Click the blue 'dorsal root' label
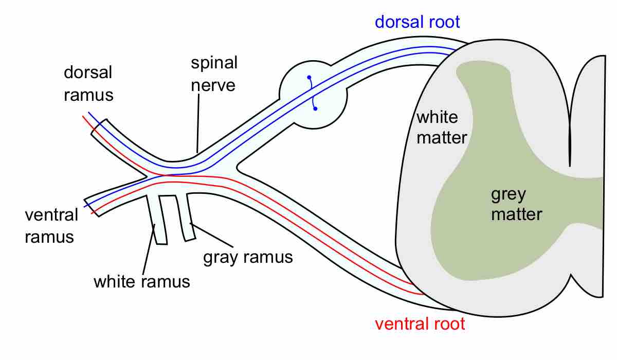pos(417,22)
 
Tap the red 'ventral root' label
pos(420,324)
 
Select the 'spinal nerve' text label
pos(214,74)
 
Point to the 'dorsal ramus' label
pos(88,83)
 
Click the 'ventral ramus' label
pos(51,225)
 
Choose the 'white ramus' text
pos(141,282)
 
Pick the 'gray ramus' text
pos(248,257)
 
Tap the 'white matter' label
pos(441,127)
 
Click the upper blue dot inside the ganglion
pos(309,78)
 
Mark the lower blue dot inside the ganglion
pos(315,109)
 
